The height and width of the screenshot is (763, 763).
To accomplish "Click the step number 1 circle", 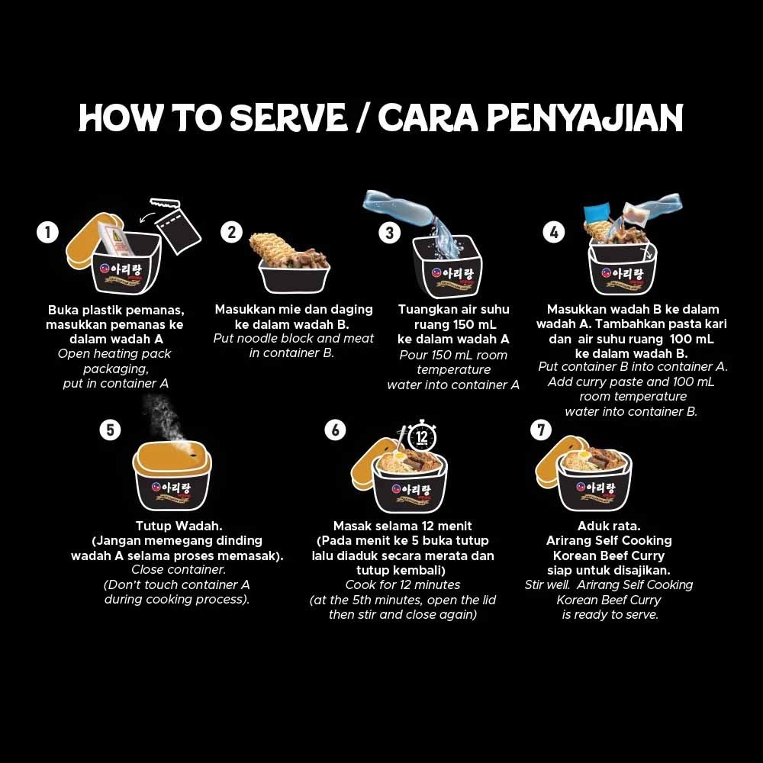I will (47, 232).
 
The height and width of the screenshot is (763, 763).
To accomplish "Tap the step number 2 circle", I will (231, 232).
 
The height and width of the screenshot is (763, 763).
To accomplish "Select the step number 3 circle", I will (390, 232).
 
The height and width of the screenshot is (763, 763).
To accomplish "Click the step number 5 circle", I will (110, 430).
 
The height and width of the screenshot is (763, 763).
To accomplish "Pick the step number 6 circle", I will (335, 430).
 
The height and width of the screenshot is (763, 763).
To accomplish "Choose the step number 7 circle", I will (540, 430).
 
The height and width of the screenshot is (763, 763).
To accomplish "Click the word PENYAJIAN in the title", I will (584, 118).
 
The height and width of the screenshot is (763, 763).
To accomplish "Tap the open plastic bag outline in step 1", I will (178, 225).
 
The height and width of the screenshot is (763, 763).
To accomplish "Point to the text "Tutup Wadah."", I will (169, 526).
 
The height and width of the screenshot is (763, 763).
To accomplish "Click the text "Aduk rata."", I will (609, 526).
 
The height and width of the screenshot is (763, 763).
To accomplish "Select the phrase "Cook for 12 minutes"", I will (403, 585).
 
